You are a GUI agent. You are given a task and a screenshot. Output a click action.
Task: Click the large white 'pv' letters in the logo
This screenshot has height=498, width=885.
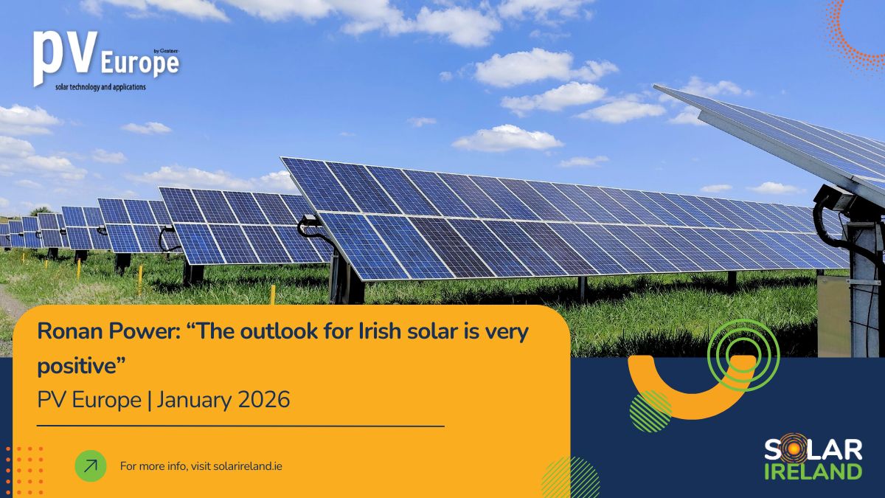point(65,58)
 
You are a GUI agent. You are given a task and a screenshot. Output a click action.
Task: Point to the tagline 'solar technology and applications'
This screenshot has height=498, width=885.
point(100,87)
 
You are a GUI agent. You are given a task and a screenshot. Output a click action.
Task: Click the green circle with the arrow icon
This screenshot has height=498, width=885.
point(91,466)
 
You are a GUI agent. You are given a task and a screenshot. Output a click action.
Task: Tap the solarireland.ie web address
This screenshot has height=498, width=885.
point(247,466)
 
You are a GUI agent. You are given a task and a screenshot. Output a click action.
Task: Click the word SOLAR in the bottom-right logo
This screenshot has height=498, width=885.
point(813,451)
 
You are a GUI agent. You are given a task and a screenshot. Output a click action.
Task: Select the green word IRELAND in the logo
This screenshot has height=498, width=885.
point(813,472)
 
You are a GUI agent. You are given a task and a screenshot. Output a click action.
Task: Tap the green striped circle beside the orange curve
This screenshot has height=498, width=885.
point(650,411)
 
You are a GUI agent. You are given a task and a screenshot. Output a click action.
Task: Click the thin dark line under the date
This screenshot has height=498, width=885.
point(240,426)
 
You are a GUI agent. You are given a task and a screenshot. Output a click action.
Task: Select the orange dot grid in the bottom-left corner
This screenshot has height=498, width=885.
point(24,471)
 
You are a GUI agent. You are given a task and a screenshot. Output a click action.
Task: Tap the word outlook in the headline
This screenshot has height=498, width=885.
point(279,331)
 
